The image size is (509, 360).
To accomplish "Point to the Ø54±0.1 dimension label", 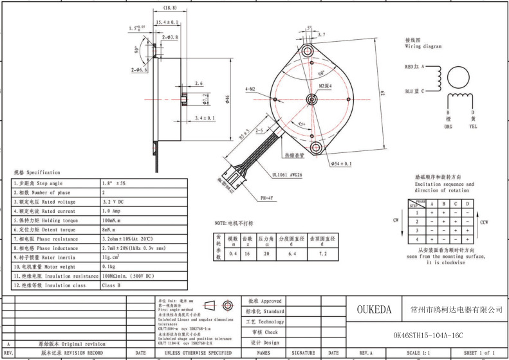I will pyautogui.click(x=341, y=164).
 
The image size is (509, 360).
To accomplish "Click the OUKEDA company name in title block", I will pyautogui.click(x=375, y=310).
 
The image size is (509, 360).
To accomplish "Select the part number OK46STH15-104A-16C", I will pyautogui.click(x=428, y=335).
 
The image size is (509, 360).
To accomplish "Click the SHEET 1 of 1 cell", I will pyautogui.click(x=479, y=353).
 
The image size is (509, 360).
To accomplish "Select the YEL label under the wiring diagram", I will pyautogui.click(x=472, y=126).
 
